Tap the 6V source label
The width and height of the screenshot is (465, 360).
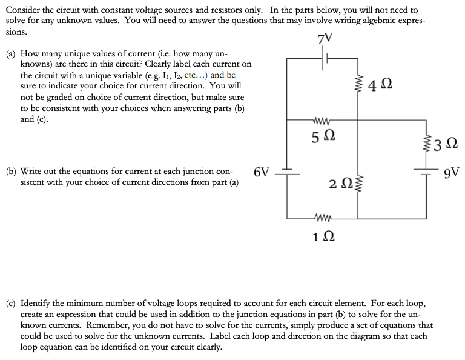pos(262,172)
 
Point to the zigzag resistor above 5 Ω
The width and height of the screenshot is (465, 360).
pos(320,119)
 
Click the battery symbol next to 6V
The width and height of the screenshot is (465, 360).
pos(286,172)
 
